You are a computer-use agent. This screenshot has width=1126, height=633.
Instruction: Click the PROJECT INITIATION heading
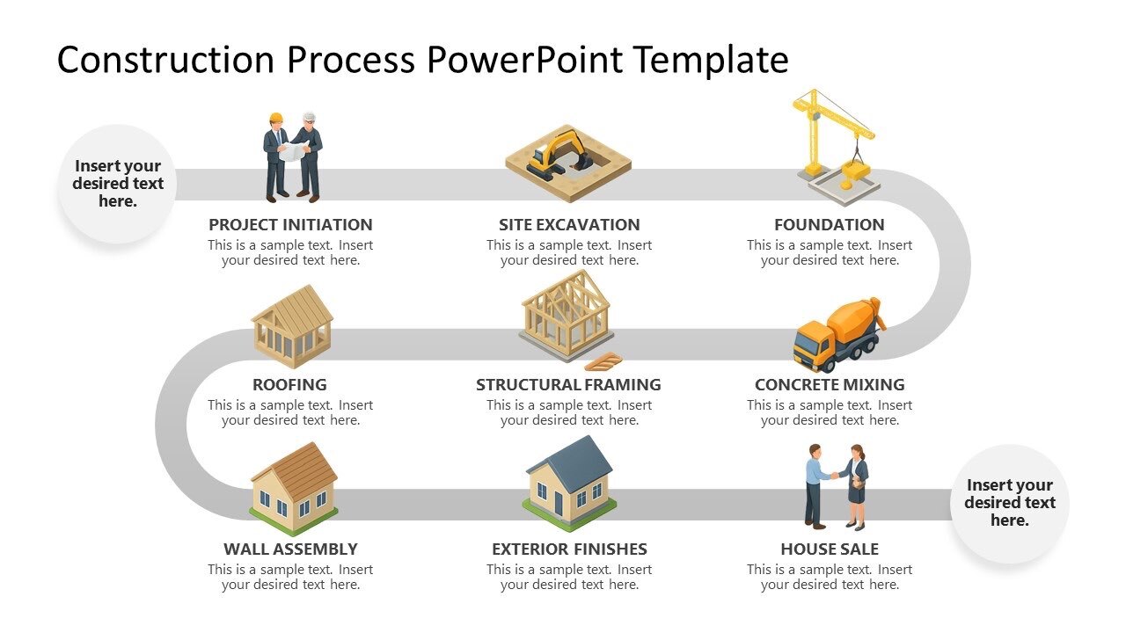pos(290,224)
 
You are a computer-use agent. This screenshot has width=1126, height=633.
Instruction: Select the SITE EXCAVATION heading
pos(569,224)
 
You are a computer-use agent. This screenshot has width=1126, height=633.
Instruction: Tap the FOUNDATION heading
pos(829,224)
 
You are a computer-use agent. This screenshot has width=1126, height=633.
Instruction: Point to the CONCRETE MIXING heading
pos(829,384)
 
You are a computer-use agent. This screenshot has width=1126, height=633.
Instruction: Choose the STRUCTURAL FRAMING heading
pos(568,384)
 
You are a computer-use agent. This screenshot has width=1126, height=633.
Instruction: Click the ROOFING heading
pos(289,384)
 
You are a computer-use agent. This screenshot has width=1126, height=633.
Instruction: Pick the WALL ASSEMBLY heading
pos(290,549)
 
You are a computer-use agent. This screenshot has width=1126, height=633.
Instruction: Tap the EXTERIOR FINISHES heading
pos(569,549)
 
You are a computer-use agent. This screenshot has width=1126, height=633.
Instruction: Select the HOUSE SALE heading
pos(829,549)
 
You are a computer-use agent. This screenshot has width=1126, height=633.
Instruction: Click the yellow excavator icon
pos(559,153)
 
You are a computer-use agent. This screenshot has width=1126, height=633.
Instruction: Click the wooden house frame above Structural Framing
pos(565,314)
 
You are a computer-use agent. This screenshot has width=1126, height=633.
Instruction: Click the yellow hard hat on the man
pos(276,117)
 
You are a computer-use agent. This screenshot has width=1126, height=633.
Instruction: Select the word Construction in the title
pos(166,60)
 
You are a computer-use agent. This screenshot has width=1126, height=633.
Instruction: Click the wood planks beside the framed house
pos(603,360)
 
